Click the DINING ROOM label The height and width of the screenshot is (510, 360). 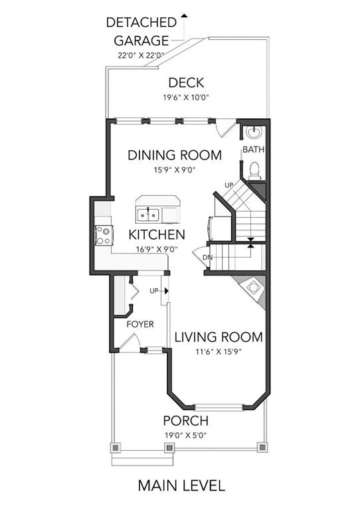(x=175, y=155)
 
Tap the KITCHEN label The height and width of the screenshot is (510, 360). (x=157, y=234)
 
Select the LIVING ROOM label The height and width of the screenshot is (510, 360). (x=219, y=337)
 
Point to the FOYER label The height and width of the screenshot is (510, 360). (x=140, y=324)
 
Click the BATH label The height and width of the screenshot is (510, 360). (x=254, y=149)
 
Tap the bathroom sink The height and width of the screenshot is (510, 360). (x=254, y=132)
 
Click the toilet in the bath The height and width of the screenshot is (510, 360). (x=254, y=171)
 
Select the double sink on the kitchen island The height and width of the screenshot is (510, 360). (x=148, y=215)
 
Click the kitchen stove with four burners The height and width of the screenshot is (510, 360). (x=104, y=236)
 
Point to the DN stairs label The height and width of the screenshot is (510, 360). (x=207, y=258)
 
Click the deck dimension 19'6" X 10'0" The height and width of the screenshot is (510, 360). (x=186, y=97)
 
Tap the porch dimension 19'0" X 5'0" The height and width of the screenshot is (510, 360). (x=186, y=435)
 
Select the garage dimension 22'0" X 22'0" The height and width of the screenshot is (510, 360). (x=141, y=55)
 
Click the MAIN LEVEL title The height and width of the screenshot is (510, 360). (x=181, y=485)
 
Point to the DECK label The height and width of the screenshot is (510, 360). (x=187, y=82)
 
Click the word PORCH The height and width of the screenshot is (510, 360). (x=186, y=420)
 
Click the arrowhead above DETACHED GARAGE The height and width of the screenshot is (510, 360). (x=185, y=15)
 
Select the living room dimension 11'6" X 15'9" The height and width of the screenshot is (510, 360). (x=219, y=351)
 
